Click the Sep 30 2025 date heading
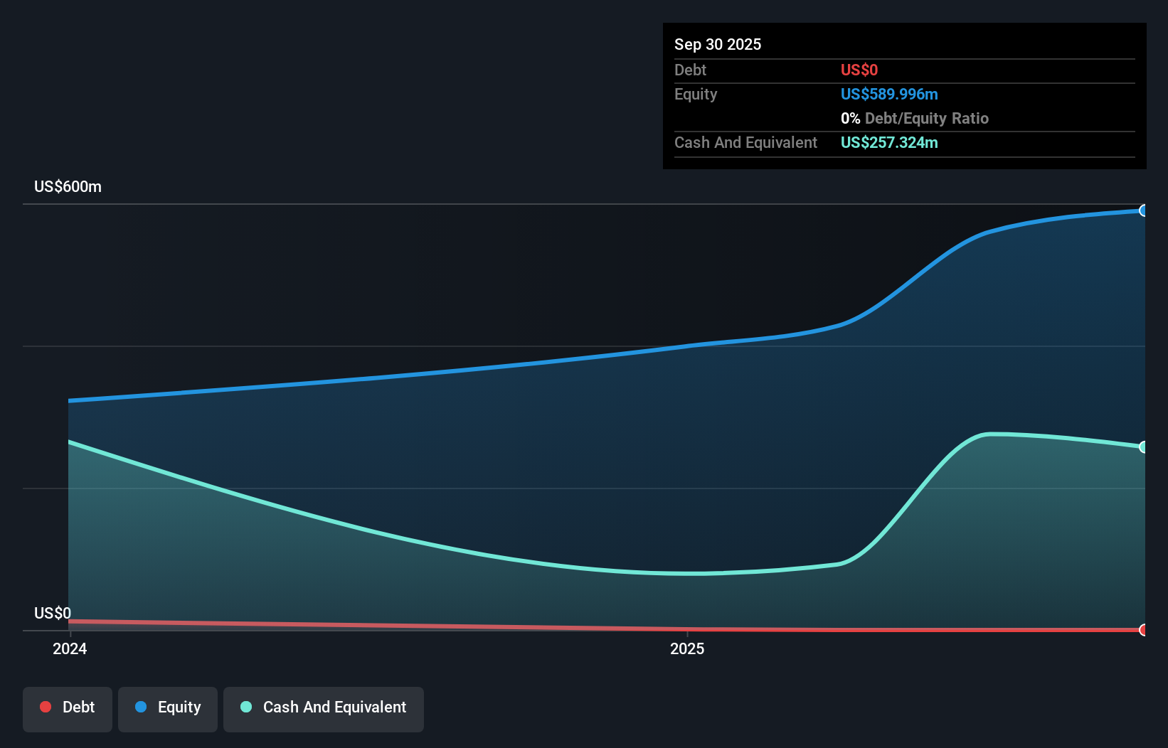(x=717, y=44)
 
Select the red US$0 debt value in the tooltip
(x=859, y=70)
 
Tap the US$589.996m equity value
(x=888, y=94)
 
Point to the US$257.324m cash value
(x=888, y=142)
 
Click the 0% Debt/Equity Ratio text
(x=914, y=118)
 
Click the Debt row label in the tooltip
(x=690, y=70)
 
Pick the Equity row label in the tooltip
(x=695, y=94)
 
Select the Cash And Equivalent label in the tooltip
(x=745, y=142)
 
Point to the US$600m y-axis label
(x=68, y=186)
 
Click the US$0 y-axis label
(x=53, y=613)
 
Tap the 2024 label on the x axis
(x=70, y=648)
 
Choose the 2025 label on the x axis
(x=687, y=648)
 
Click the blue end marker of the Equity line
(x=1143, y=210)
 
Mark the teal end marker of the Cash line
(x=1143, y=447)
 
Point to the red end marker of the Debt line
(x=1143, y=630)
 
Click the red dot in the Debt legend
(x=46, y=707)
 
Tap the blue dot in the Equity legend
(x=141, y=707)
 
